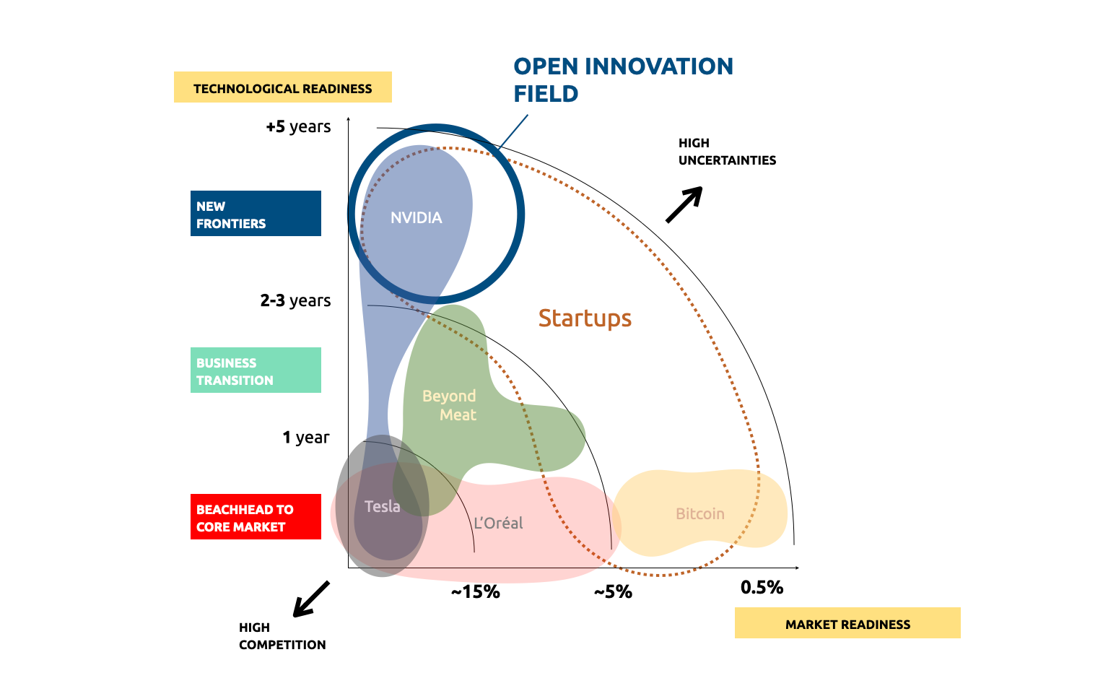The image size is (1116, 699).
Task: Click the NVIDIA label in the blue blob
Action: (416, 217)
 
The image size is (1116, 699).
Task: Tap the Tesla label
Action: (382, 506)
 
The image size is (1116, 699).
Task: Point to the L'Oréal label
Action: (498, 523)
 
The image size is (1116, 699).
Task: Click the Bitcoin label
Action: (699, 513)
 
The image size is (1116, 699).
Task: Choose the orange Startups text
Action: (585, 318)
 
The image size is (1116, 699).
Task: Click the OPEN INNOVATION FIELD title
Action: (622, 79)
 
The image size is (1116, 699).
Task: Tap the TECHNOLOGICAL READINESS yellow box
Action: (282, 87)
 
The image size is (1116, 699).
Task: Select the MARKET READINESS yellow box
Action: (847, 623)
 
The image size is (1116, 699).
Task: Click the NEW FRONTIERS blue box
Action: (256, 214)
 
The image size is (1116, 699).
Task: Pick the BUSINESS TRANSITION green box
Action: (256, 370)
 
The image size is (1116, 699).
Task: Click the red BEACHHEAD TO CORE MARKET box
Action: (256, 517)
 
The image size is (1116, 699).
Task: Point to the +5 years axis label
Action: (298, 126)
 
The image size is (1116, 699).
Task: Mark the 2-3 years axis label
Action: (295, 300)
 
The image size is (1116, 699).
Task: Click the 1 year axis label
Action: (305, 437)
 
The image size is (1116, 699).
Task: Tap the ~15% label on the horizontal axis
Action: (475, 592)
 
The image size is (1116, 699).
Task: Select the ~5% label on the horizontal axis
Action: (613, 592)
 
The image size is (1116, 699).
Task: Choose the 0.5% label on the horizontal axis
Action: (762, 587)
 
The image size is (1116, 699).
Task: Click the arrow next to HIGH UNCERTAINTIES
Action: (684, 204)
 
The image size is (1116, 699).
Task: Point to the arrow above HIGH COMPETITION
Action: (310, 599)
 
